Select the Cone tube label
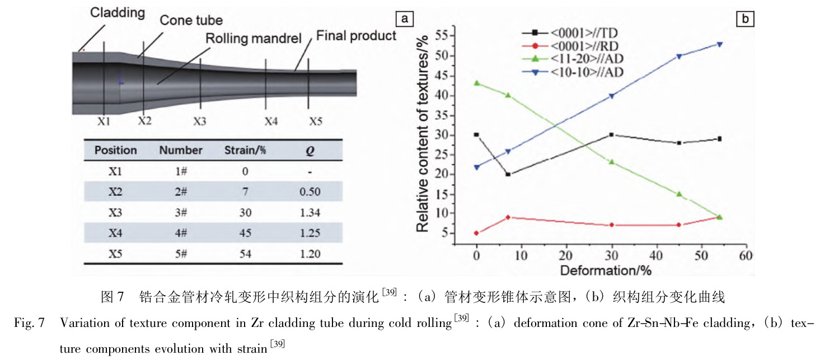tap(191, 21)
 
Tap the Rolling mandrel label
tap(253, 39)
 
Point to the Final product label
tap(356, 36)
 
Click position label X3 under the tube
tap(200, 121)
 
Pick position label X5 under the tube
tap(317, 121)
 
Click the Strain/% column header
tap(242, 150)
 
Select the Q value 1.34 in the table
tap(309, 213)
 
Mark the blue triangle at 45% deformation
tap(679, 56)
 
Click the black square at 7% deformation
tap(508, 174)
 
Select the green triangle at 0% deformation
tap(477, 83)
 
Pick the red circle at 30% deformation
tap(611, 225)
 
